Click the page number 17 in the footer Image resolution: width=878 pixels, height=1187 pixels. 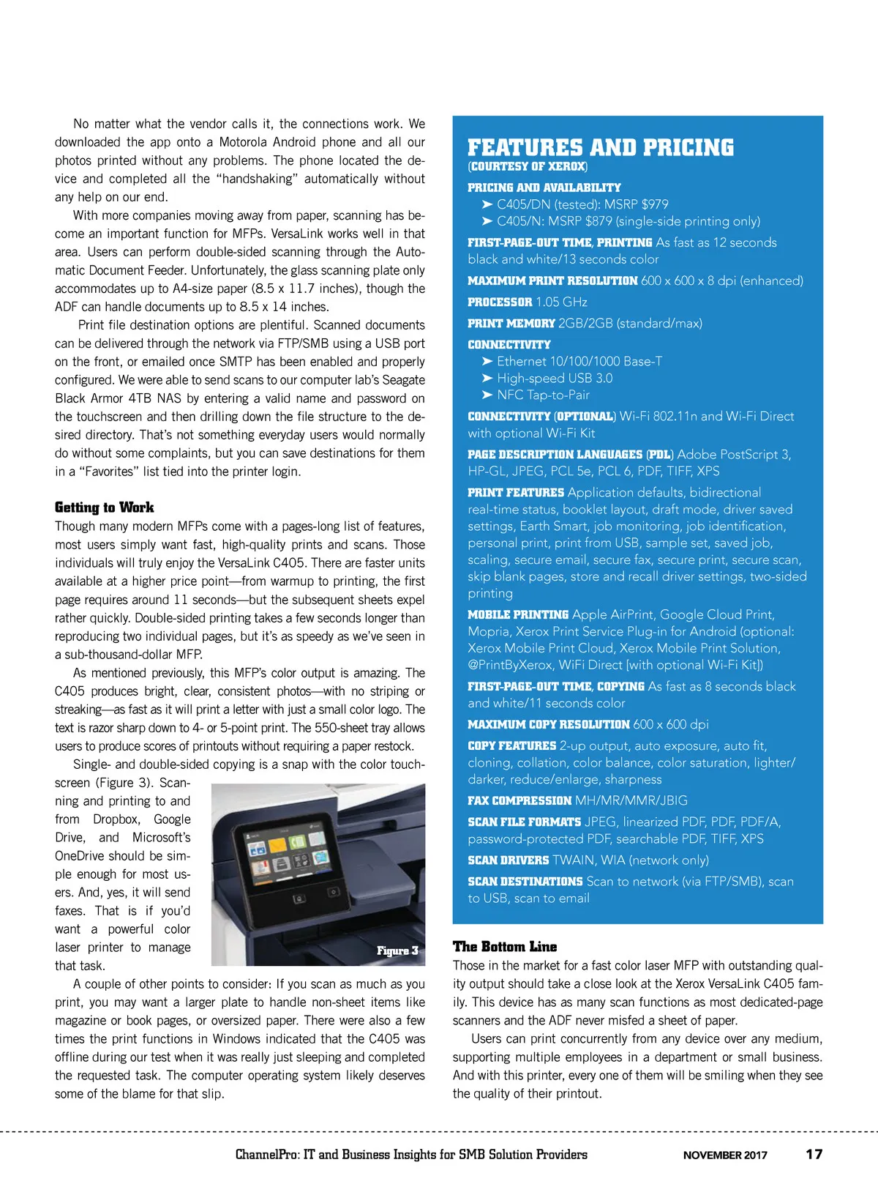pos(814,1154)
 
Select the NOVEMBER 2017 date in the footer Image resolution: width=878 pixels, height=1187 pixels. pos(724,1155)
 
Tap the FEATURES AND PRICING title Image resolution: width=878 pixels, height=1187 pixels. pos(600,148)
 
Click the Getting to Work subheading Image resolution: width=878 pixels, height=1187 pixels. pos(104,507)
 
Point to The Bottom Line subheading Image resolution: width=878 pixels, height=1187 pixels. pos(504,947)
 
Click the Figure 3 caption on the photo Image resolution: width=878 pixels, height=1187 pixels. pos(397,950)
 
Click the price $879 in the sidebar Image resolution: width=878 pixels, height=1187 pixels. pos(598,221)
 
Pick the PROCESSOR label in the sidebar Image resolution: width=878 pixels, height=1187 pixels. pos(500,302)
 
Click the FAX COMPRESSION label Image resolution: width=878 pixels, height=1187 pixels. pos(519,801)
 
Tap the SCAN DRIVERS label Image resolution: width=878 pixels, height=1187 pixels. pos(508,860)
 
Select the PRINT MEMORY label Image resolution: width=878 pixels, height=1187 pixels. pos(511,324)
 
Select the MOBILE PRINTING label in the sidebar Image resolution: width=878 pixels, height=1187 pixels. pos(518,615)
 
